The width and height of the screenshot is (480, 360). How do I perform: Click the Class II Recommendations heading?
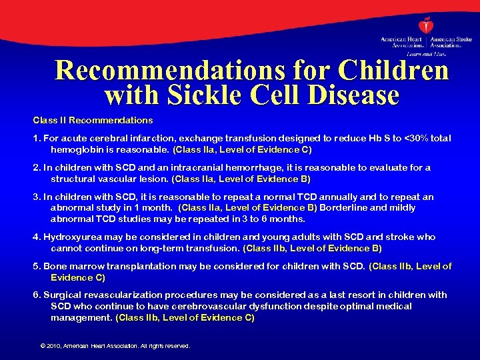pos(93,121)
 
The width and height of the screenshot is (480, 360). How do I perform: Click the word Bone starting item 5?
pos(55,266)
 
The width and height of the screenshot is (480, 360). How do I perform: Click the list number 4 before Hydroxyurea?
pos(37,237)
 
